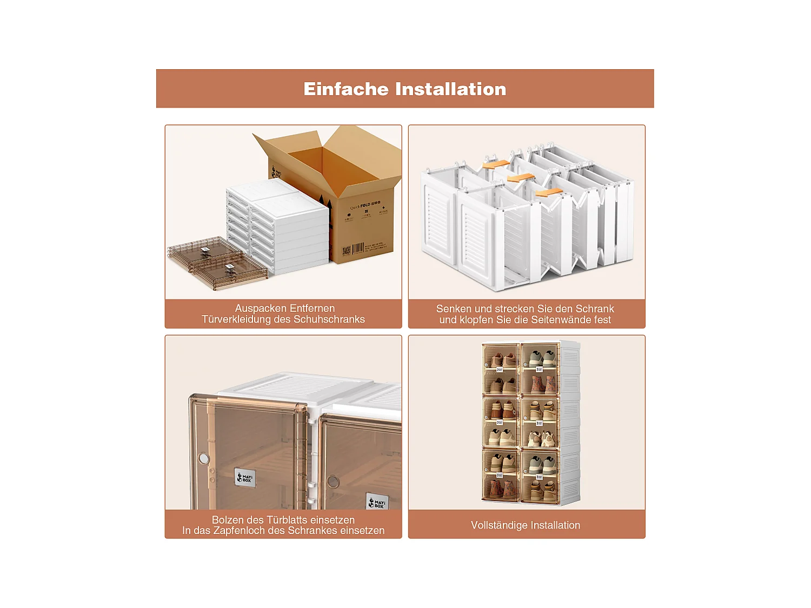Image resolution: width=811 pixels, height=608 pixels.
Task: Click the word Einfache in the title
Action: (345, 89)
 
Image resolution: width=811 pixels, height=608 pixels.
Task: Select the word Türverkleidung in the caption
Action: (236, 319)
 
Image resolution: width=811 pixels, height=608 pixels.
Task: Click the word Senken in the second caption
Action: (454, 309)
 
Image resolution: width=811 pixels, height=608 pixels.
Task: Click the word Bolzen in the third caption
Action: (228, 520)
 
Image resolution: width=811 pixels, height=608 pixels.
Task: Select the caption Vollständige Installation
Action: (525, 525)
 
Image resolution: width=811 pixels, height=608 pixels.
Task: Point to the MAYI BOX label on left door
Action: (245, 478)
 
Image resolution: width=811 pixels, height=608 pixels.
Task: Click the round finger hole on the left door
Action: (204, 458)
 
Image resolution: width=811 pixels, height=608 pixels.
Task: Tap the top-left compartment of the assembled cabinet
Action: (501, 357)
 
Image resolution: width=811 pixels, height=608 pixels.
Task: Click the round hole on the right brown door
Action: (333, 482)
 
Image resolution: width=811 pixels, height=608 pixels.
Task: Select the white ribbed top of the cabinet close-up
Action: (303, 387)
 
